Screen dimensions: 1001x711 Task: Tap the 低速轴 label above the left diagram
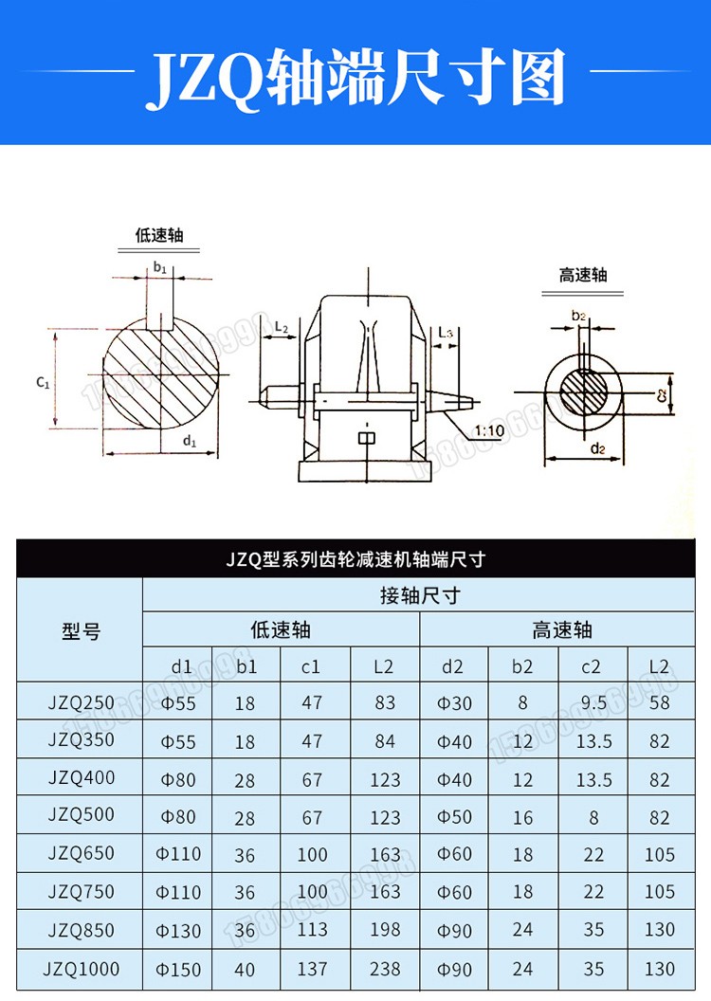(159, 234)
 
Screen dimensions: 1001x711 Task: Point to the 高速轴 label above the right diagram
(582, 275)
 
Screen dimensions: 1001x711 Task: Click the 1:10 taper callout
(490, 431)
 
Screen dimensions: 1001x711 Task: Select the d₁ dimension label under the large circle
(189, 441)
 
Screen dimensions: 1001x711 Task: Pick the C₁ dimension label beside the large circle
(43, 382)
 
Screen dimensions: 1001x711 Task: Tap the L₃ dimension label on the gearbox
(447, 333)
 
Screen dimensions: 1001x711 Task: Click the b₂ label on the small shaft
(579, 315)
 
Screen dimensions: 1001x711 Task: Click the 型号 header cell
(81, 630)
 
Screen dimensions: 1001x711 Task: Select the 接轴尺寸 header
(420, 595)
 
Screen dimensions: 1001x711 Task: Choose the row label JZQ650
(82, 853)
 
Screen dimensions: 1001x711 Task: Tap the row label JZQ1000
(82, 969)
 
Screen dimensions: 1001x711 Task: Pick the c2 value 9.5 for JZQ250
(593, 703)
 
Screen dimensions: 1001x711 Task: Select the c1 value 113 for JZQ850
(312, 930)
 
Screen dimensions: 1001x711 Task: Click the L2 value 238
(384, 969)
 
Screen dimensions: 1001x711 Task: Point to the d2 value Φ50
(454, 816)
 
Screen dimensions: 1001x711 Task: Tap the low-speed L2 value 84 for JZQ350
(384, 741)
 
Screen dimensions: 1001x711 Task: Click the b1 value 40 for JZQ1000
(245, 969)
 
